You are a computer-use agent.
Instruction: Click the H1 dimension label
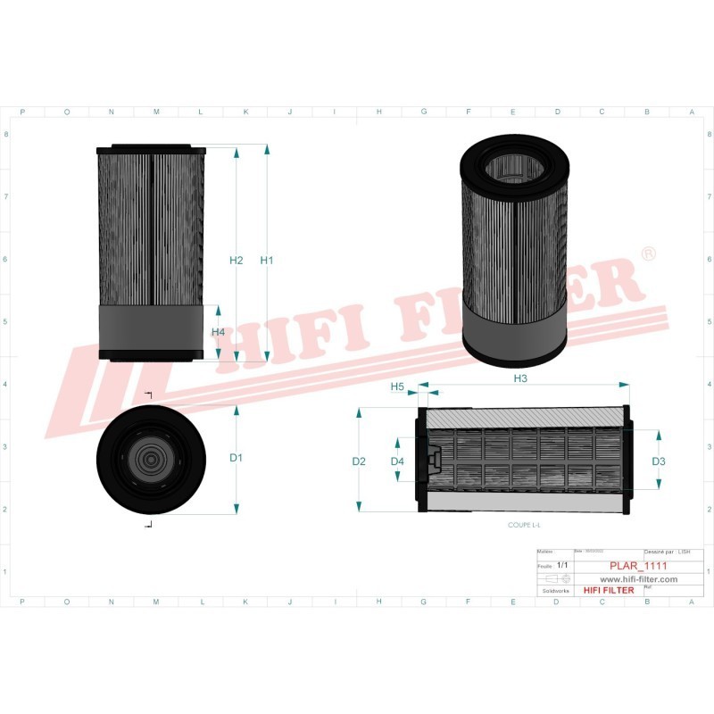[x=266, y=261]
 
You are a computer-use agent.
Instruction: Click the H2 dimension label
[x=236, y=261]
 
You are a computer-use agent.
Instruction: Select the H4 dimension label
[x=218, y=332]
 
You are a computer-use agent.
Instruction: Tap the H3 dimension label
[x=520, y=379]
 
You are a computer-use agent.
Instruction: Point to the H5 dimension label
[x=398, y=386]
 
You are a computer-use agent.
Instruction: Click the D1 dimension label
[x=236, y=459]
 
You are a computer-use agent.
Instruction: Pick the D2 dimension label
[x=359, y=461]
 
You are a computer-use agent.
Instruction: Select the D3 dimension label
[x=659, y=461]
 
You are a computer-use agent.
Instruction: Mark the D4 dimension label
[x=398, y=461]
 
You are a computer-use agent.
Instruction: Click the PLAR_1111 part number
[x=638, y=566]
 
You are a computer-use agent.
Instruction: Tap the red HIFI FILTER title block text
[x=608, y=590]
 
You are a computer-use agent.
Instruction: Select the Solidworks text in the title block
[x=551, y=591]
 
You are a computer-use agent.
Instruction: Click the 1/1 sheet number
[x=562, y=566]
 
